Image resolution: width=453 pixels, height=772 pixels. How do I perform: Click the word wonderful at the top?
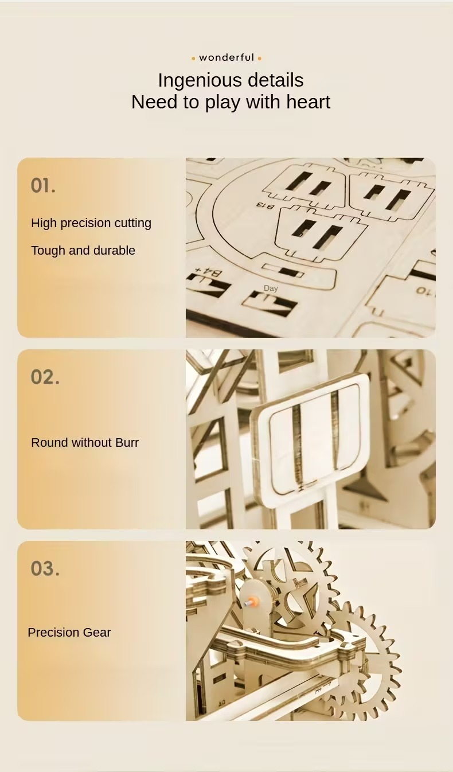(226, 57)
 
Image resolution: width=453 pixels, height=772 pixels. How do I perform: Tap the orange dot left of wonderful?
(193, 59)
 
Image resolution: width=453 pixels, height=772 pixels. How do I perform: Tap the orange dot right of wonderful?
(259, 59)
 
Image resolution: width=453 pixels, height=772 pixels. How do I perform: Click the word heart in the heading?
(308, 102)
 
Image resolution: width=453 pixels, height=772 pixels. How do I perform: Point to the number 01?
(42, 185)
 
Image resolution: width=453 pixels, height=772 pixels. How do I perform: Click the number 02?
(45, 377)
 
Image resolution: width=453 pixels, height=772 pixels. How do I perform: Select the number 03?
(45, 568)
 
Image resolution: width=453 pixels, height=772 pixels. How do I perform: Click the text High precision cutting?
(91, 223)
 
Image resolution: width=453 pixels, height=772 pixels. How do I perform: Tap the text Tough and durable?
(83, 251)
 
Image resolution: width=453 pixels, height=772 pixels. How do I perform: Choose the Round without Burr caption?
(85, 443)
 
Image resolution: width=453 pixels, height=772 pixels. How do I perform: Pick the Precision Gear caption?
(69, 633)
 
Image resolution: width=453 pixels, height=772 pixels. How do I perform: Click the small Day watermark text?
(271, 288)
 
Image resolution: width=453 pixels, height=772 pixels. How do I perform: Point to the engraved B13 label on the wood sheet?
(264, 206)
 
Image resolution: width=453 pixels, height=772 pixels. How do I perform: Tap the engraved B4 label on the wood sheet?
(208, 272)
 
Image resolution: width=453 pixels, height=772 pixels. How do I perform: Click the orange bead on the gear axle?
(254, 602)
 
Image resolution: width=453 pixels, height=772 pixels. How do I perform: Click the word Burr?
(127, 443)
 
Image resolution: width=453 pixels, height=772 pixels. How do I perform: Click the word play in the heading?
(222, 103)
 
